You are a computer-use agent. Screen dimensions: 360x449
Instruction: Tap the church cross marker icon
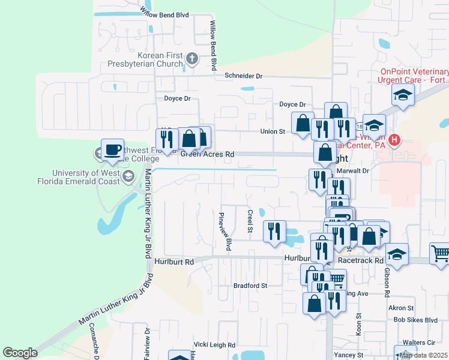click(192, 58)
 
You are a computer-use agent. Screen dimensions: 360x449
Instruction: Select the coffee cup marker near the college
click(112, 150)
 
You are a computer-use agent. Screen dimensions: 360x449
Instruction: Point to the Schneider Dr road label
click(244, 76)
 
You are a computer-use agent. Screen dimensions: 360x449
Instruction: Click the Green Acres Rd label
click(207, 154)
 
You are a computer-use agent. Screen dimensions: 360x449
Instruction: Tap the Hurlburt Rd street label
click(174, 262)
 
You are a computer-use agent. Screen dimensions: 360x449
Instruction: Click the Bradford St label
click(250, 286)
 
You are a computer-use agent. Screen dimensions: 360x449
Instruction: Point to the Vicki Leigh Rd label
click(214, 345)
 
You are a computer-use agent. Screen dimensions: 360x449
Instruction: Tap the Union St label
click(273, 131)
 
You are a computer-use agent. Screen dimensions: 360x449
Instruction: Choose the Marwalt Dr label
click(352, 170)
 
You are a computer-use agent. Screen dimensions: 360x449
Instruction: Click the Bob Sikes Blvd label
click(415, 320)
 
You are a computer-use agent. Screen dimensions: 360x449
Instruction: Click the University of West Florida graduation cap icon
click(127, 176)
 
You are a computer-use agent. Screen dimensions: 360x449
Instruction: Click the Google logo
click(20, 353)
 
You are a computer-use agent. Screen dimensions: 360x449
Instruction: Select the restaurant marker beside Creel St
click(274, 230)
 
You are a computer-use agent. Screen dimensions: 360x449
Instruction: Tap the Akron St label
click(397, 308)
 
